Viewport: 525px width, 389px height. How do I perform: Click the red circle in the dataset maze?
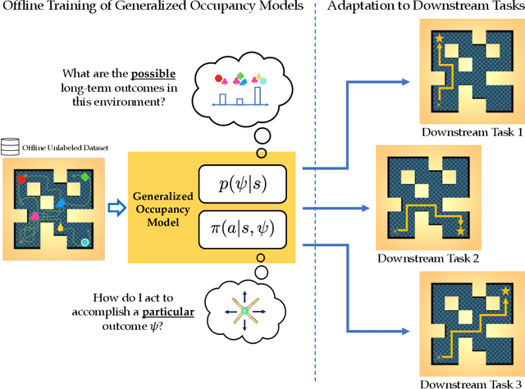click(21, 178)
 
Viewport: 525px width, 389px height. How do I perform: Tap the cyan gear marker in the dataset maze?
click(85, 241)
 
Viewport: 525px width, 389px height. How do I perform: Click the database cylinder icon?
click(11, 147)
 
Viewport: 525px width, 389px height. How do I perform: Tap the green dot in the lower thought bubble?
click(243, 310)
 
